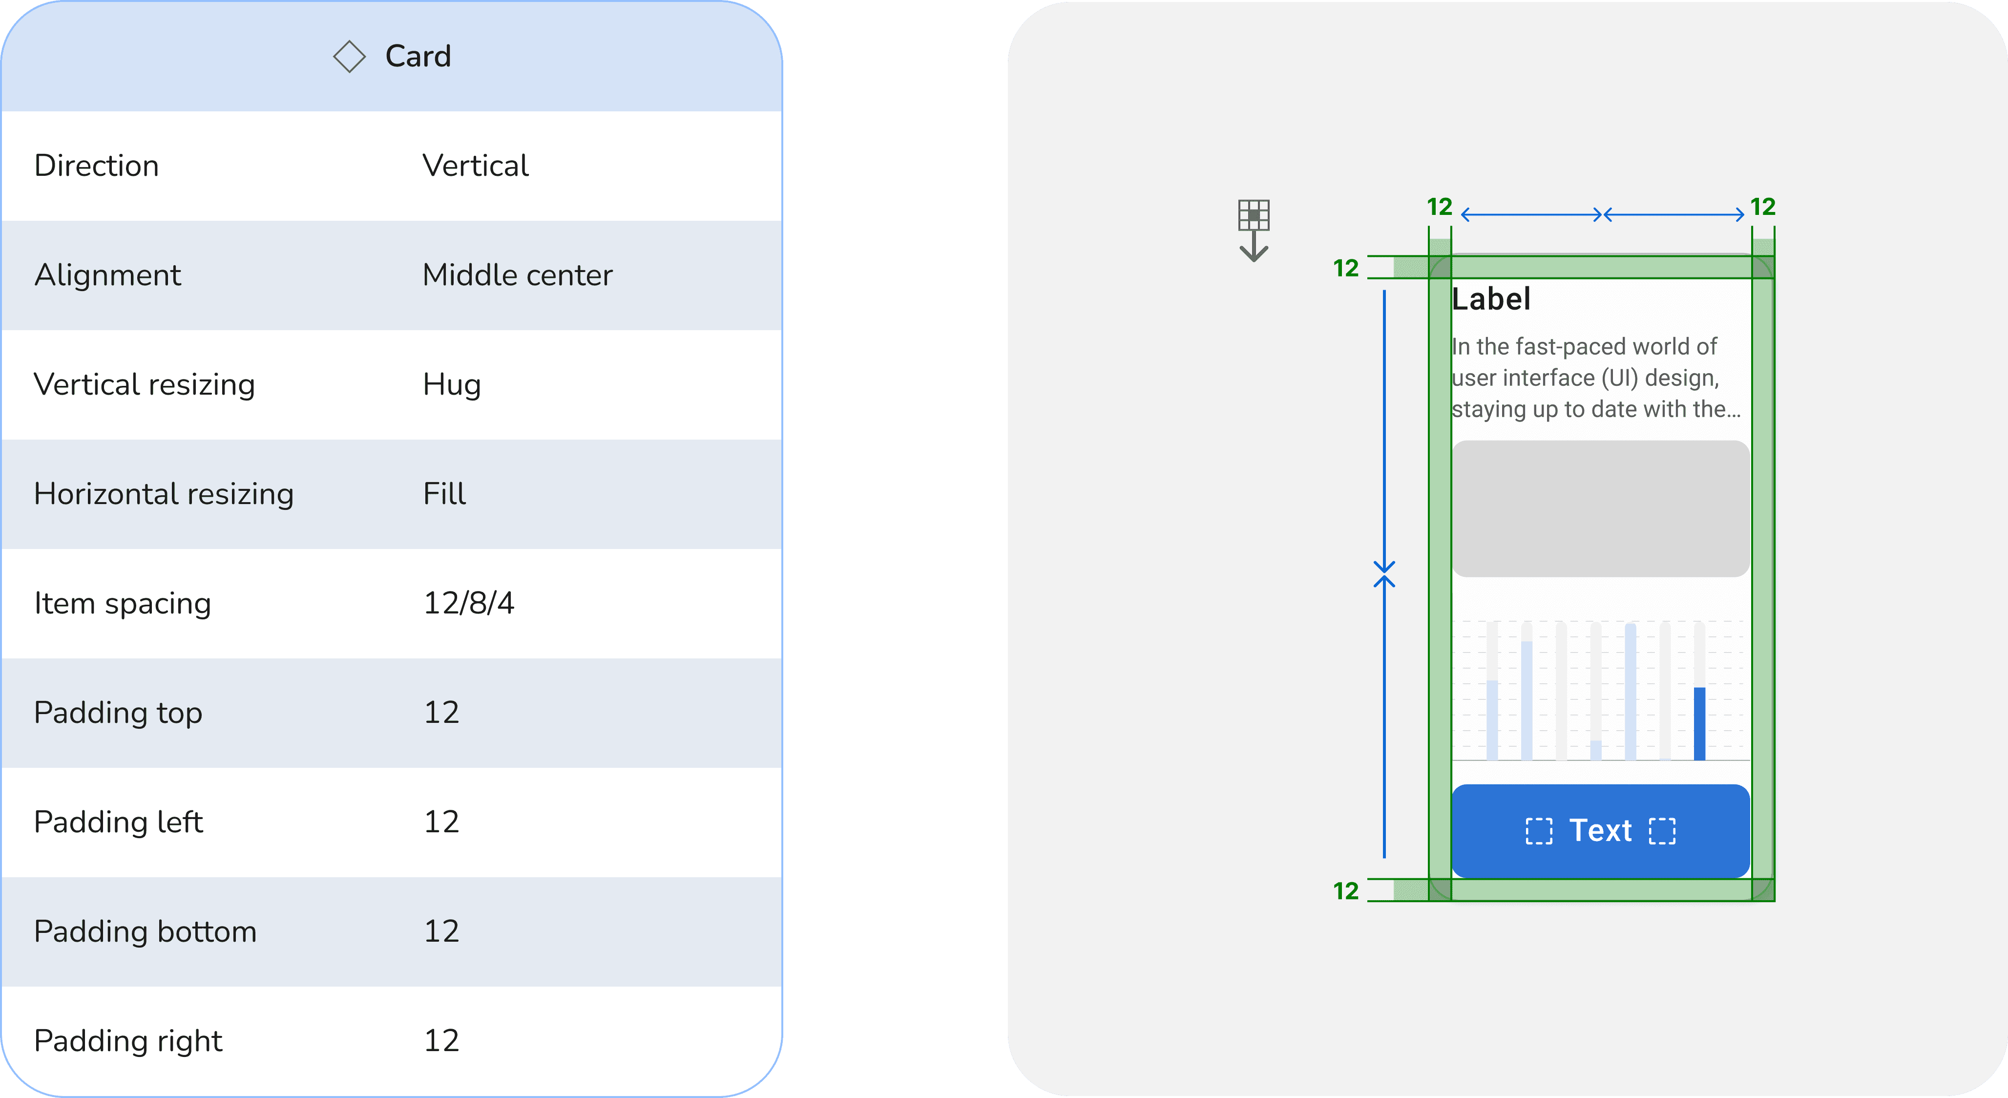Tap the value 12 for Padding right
pos(441,1041)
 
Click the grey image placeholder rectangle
pos(1600,508)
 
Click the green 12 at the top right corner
pos(1762,207)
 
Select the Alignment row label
pos(107,275)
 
